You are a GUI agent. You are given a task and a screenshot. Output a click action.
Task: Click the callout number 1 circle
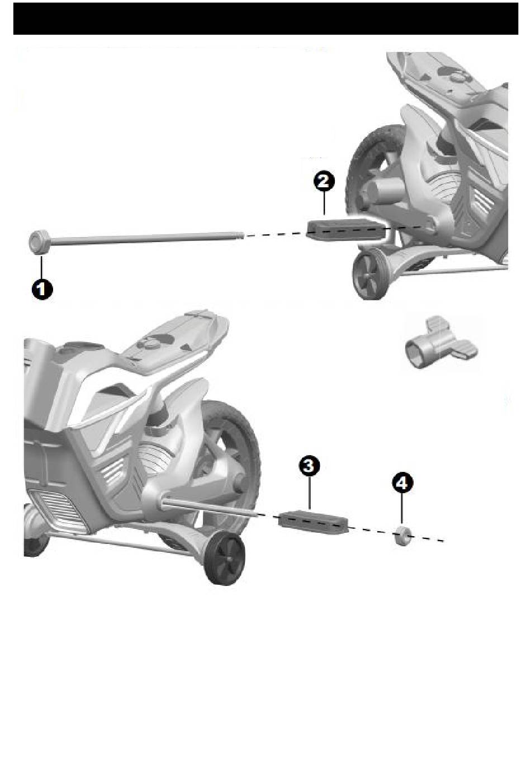(42, 289)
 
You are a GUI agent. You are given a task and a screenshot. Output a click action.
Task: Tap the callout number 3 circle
(309, 466)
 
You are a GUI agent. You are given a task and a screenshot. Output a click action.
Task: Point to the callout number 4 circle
(402, 483)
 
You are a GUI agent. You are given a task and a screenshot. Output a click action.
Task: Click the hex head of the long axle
(39, 242)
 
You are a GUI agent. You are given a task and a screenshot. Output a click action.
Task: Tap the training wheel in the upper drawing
(368, 275)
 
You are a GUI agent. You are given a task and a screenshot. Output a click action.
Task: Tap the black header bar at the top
(265, 18)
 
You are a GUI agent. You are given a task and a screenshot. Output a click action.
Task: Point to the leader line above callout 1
(41, 267)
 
